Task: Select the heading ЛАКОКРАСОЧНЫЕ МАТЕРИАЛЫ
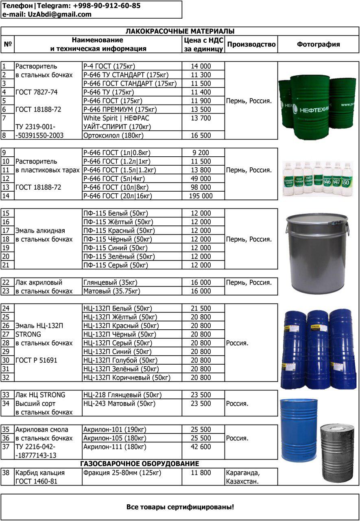[180, 31]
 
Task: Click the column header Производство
[251, 44]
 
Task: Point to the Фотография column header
[318, 44]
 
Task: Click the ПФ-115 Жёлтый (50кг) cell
[112, 222]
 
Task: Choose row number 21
[6, 265]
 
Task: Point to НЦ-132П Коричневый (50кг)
[127, 378]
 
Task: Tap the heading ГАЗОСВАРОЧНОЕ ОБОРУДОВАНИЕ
[140, 464]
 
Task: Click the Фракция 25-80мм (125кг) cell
[122, 473]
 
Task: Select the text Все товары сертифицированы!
[180, 507]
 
